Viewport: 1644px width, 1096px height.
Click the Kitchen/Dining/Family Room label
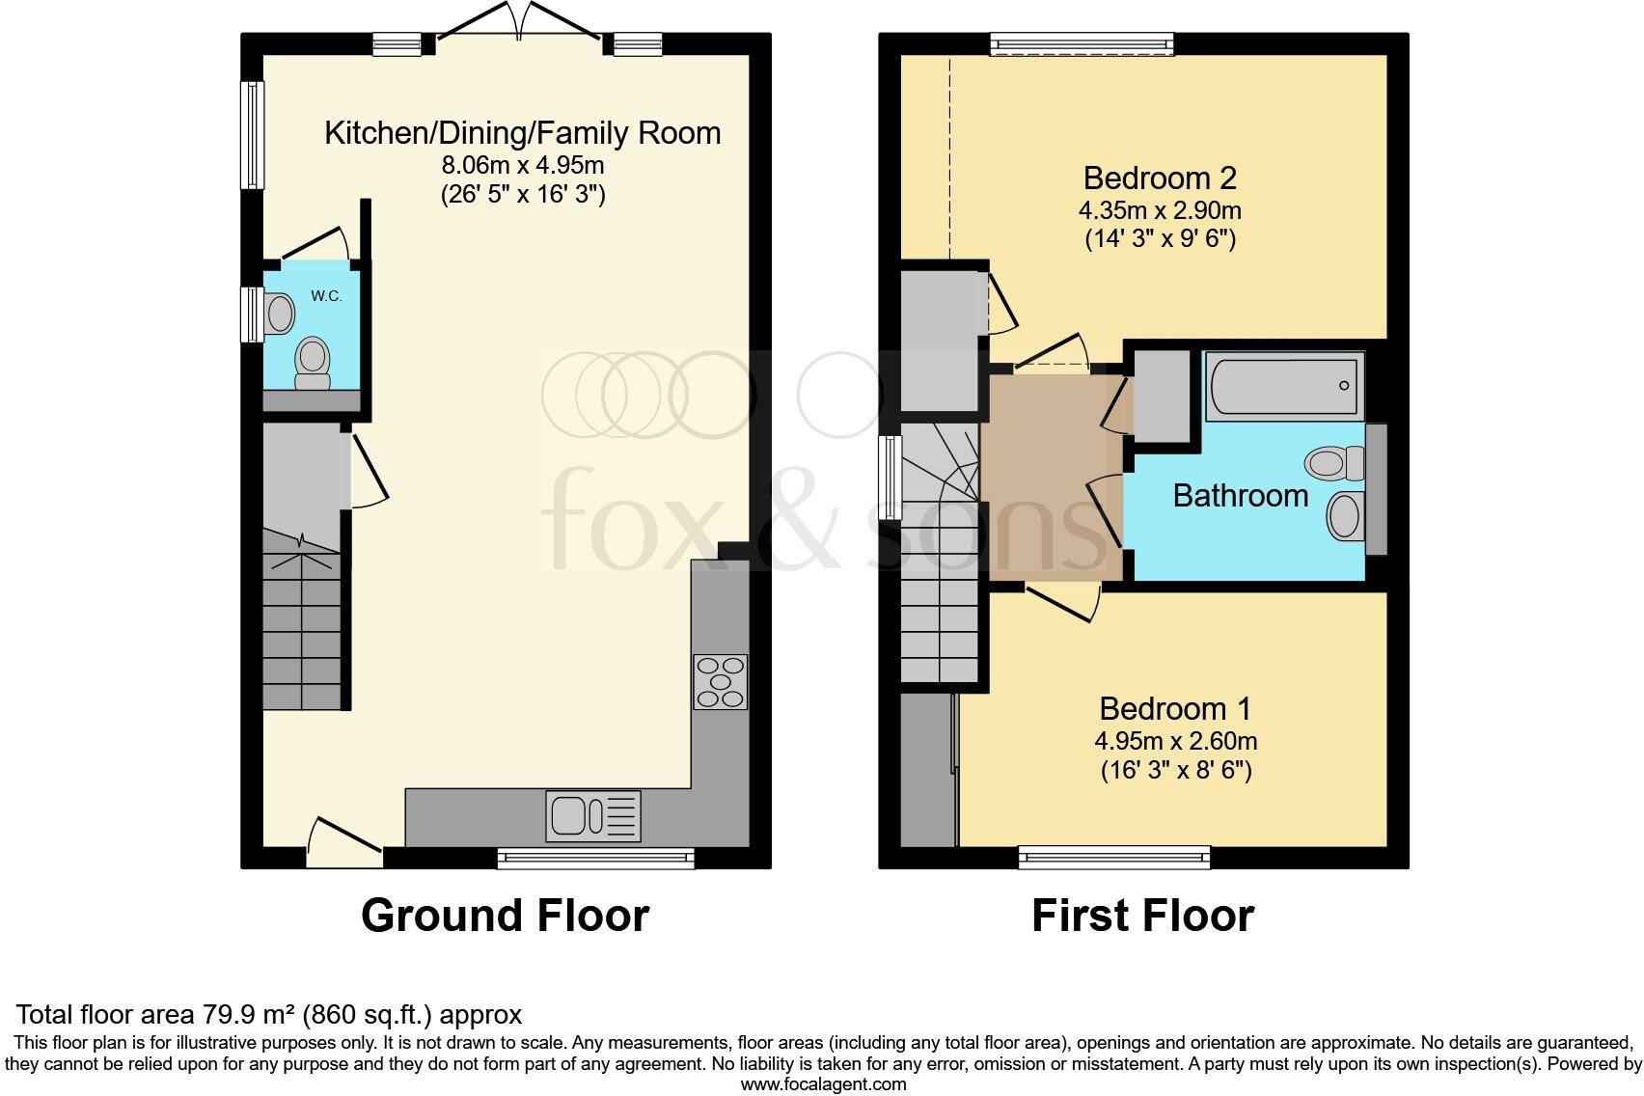pos(522,133)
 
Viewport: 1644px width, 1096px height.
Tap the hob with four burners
pos(720,682)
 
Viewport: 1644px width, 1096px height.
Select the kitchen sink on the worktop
pos(592,816)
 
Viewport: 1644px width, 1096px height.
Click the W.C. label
pos(326,296)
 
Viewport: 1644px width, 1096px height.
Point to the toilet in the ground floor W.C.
pos(312,362)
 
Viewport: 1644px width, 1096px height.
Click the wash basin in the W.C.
pos(280,313)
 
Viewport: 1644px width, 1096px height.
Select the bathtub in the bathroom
pos(1284,386)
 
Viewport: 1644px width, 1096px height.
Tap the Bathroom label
pos(1240,496)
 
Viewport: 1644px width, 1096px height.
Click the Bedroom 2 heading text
pos(1160,178)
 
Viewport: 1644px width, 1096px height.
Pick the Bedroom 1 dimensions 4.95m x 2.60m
pos(1175,741)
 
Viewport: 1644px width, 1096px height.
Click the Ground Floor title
pos(505,915)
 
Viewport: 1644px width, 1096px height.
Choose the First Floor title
pos(1142,915)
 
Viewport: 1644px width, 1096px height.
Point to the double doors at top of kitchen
pos(521,29)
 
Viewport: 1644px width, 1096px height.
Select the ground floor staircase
pos(302,627)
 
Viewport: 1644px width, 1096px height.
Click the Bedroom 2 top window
pos(1082,42)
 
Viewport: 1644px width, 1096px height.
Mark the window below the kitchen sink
pos(595,857)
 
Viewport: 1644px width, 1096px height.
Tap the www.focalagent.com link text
pos(823,1083)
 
